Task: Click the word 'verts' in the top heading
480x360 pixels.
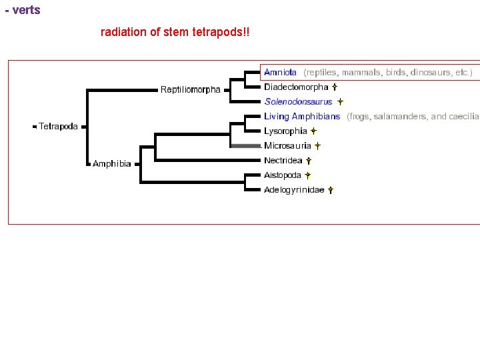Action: tap(26, 10)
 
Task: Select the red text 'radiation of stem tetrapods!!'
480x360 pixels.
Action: tap(175, 32)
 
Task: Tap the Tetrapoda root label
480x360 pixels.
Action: tap(58, 126)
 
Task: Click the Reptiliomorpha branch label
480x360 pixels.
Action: tap(190, 90)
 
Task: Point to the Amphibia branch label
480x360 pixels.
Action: tap(112, 164)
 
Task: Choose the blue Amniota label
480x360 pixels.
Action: tap(280, 72)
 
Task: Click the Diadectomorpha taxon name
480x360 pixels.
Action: tap(296, 87)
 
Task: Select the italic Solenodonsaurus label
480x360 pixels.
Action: tap(298, 102)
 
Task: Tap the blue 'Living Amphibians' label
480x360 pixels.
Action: tap(302, 117)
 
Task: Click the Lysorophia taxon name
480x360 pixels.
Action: tap(285, 131)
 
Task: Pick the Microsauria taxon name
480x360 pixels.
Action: tap(287, 146)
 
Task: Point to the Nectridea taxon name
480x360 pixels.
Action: tap(283, 161)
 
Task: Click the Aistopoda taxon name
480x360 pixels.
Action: tap(283, 175)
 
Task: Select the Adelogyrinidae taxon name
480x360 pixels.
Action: tap(294, 190)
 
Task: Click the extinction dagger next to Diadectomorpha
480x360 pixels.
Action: tap(335, 87)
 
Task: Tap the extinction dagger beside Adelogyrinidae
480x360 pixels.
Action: tap(331, 190)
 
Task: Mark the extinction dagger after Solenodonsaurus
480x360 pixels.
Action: tap(339, 102)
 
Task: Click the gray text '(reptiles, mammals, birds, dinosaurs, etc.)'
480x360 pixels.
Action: tap(388, 72)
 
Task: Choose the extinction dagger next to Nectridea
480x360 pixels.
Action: tap(309, 161)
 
